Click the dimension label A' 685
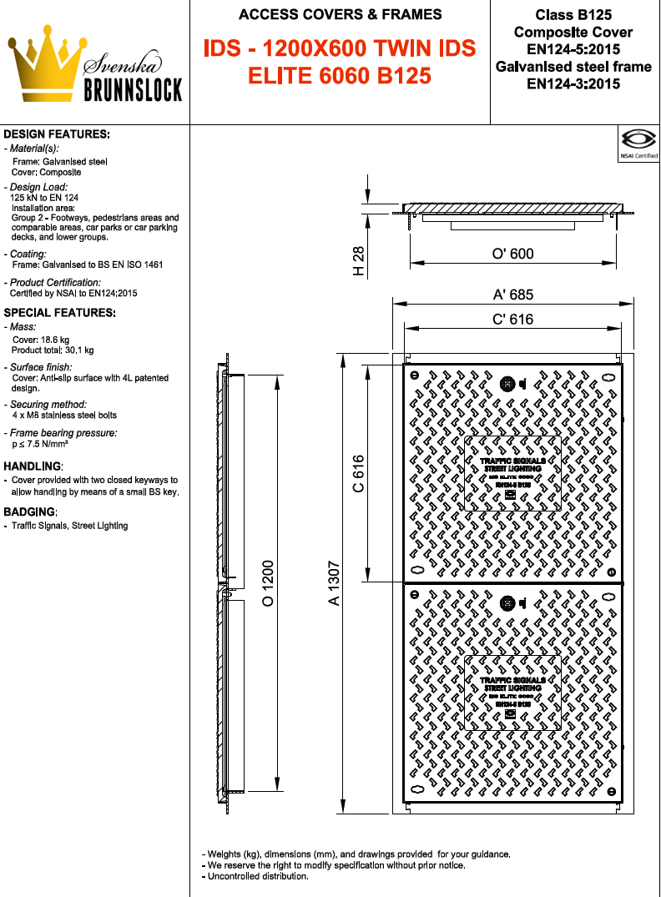[512, 295]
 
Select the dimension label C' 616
[512, 319]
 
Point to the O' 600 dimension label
[512, 254]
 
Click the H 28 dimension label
[358, 261]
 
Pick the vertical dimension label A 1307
[334, 583]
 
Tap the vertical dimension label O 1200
[269, 583]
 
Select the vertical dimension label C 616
[358, 473]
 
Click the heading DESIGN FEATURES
[57, 134]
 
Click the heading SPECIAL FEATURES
[59, 312]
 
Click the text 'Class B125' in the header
[573, 15]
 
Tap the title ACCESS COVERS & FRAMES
[340, 14]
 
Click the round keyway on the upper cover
[507, 384]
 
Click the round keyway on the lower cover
[507, 602]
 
